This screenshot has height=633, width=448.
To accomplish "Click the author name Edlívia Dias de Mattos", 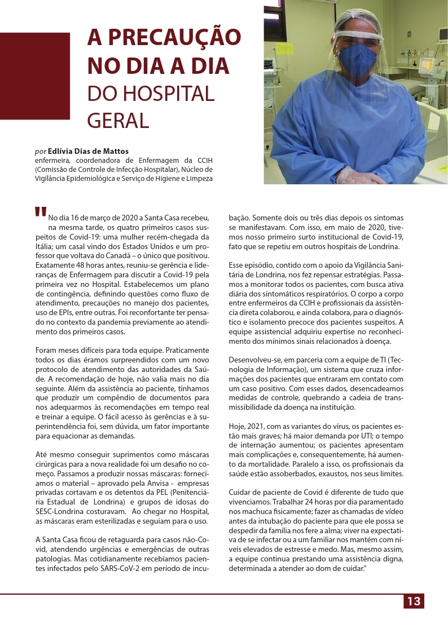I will [88, 151].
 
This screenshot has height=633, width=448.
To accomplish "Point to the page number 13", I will [414, 601].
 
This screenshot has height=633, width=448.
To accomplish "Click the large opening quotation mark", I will [40, 212].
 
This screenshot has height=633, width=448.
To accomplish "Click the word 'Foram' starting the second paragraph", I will [46, 350].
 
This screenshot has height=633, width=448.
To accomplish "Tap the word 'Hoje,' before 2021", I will [239, 426].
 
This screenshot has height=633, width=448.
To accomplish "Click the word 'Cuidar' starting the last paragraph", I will [240, 493].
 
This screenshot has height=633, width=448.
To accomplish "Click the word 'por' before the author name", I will [40, 151].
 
